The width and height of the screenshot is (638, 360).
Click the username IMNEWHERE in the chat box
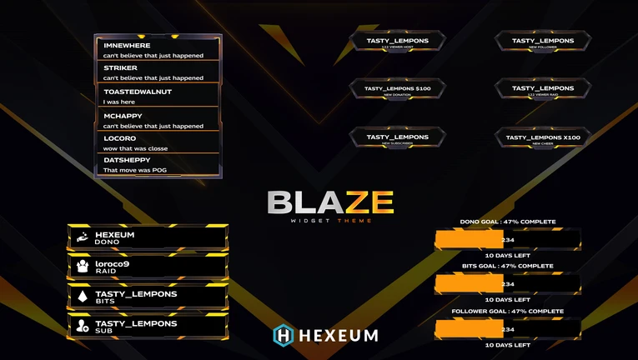[127, 45]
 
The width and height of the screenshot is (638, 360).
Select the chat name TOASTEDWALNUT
[138, 92]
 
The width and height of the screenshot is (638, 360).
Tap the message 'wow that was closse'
[135, 148]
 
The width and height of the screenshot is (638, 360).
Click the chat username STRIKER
[121, 67]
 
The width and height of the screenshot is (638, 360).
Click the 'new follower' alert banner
[543, 42]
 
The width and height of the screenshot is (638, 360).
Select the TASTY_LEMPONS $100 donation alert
[398, 89]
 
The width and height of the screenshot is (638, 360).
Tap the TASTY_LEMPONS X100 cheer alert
[543, 138]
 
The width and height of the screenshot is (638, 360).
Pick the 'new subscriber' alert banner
[398, 138]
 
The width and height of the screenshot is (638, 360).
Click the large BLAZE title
[330, 202]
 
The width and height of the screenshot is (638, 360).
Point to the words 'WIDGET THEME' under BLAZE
[331, 220]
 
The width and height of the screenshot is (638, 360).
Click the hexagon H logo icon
[284, 335]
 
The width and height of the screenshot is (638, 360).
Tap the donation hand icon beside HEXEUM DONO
[83, 238]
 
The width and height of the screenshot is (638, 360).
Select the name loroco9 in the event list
[112, 264]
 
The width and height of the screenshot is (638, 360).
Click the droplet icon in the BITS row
[83, 297]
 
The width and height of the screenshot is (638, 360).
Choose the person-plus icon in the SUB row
[83, 326]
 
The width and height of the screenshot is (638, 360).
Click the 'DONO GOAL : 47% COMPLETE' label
[508, 222]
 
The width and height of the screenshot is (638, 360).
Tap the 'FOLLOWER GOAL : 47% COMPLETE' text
[508, 311]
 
